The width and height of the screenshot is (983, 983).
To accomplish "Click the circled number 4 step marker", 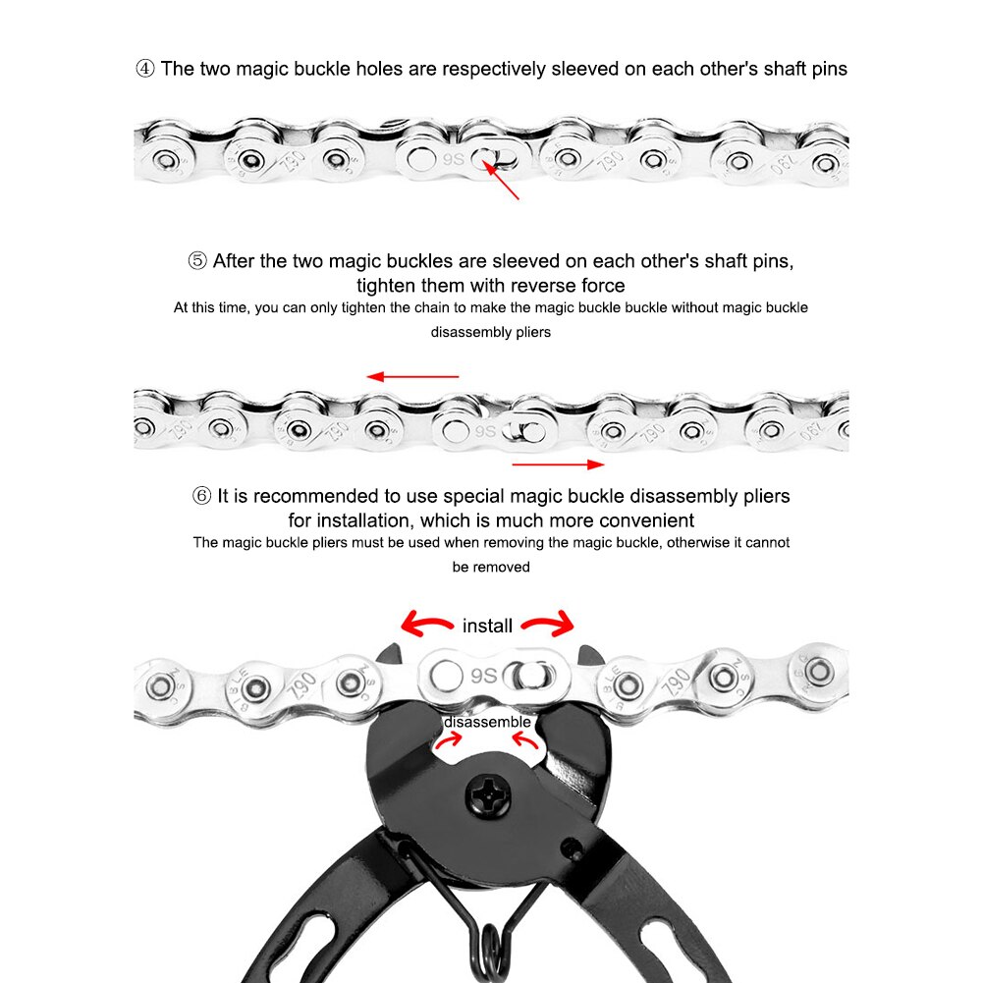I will [144, 70].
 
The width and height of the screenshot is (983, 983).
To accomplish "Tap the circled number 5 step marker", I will [197, 261].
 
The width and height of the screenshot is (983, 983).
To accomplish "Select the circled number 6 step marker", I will [201, 496].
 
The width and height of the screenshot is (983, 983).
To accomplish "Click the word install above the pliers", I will [487, 625].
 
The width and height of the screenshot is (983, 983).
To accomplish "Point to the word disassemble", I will [487, 722].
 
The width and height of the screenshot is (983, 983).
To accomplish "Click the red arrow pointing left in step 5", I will [413, 376].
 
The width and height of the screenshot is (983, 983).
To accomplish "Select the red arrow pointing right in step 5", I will [558, 464].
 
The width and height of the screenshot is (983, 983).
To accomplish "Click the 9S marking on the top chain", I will [454, 156].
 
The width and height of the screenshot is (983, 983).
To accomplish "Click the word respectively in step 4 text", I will [494, 70].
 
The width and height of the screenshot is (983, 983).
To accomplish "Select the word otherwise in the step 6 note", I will [693, 542].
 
